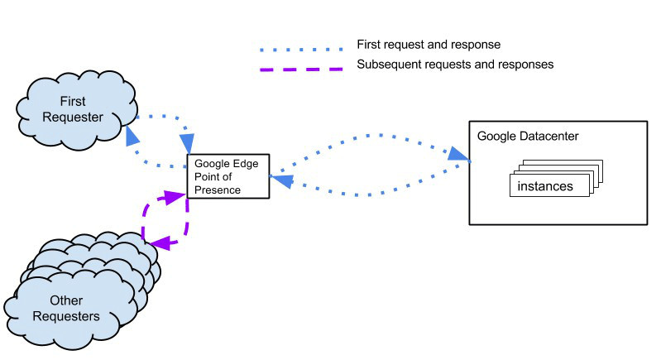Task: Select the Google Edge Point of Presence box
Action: [x=228, y=176]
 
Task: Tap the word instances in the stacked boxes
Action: [x=545, y=186]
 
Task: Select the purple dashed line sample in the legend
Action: [x=296, y=65]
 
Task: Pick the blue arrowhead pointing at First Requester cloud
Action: [x=132, y=135]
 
